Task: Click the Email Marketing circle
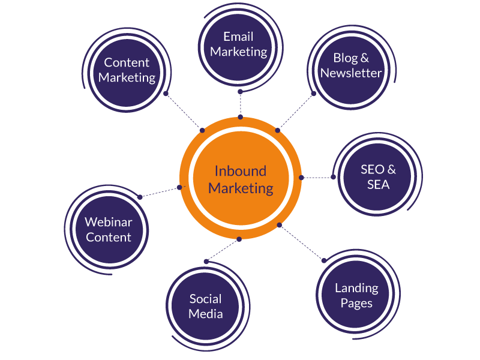(239, 45)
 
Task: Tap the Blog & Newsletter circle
(350, 65)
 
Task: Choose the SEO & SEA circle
(378, 177)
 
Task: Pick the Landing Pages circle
(356, 295)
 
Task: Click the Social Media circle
(206, 306)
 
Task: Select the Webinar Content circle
(109, 230)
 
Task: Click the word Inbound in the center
(240, 171)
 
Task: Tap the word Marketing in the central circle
(241, 188)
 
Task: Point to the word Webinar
(109, 223)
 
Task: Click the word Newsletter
(351, 73)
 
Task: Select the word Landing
(356, 288)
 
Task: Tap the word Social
(206, 299)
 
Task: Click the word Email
(239, 37)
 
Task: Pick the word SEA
(378, 185)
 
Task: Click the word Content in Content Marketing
(127, 62)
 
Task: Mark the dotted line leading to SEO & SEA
(317, 178)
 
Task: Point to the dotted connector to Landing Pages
(302, 242)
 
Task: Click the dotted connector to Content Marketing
(184, 111)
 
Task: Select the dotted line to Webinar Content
(160, 192)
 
